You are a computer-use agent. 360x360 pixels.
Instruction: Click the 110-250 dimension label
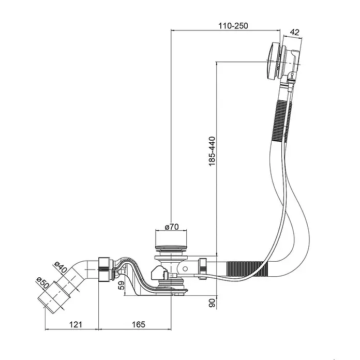(x=233, y=26)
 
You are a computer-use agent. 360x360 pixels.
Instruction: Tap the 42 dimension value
(x=294, y=32)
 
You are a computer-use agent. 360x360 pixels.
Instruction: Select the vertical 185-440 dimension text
(x=212, y=152)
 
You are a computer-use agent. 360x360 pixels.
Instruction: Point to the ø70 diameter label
(x=172, y=227)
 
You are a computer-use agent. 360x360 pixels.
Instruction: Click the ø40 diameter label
(x=61, y=267)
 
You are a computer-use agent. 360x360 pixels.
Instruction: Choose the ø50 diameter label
(x=43, y=283)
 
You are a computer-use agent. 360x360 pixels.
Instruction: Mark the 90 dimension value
(x=212, y=303)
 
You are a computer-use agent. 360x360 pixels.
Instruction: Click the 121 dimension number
(x=76, y=324)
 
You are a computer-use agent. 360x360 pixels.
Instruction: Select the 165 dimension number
(x=139, y=324)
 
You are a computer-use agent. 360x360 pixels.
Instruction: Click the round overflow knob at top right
(x=273, y=61)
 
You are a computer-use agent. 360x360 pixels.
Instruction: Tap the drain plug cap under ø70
(x=171, y=248)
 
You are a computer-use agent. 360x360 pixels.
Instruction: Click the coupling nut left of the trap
(x=104, y=269)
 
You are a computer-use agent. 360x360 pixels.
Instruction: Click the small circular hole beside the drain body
(x=185, y=268)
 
